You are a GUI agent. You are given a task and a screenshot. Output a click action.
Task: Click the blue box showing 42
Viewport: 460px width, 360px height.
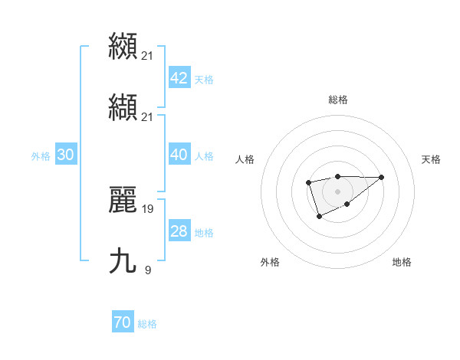(x=179, y=78)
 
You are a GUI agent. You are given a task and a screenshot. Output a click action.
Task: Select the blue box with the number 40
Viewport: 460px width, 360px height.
(x=179, y=155)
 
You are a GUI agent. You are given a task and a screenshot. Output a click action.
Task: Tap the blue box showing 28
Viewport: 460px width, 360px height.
(x=179, y=231)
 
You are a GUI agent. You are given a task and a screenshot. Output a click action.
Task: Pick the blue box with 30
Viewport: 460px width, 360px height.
(x=65, y=155)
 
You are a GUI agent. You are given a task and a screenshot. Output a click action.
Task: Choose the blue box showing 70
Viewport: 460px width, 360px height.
(x=122, y=323)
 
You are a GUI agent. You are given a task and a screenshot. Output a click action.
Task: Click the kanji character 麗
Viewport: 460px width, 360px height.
(x=123, y=201)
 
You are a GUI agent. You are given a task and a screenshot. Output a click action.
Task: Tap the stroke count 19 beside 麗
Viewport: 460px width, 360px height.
(x=148, y=208)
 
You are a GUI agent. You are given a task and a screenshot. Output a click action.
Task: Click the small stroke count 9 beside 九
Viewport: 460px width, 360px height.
(x=148, y=269)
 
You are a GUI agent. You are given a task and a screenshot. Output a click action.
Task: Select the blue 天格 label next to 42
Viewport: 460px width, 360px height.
(x=204, y=80)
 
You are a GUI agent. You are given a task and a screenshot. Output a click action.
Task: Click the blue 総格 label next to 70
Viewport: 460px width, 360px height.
(x=147, y=325)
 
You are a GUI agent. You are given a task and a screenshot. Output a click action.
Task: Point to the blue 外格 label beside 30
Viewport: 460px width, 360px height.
(x=41, y=156)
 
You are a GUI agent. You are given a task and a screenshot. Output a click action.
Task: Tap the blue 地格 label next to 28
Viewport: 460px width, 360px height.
(x=204, y=233)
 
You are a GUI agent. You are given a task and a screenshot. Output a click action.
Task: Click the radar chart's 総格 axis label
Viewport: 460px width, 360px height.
(x=337, y=100)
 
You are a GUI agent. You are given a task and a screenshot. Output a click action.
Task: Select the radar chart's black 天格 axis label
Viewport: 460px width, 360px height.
(x=431, y=159)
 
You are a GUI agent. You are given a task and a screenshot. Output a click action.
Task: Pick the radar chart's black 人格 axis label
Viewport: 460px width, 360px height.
(x=245, y=159)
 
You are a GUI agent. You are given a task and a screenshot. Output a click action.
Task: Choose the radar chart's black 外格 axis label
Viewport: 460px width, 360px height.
(x=270, y=262)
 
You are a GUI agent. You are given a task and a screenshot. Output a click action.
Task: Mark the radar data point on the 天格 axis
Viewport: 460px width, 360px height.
(x=381, y=177)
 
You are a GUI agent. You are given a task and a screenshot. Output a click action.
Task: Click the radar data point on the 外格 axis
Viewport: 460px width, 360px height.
(x=319, y=217)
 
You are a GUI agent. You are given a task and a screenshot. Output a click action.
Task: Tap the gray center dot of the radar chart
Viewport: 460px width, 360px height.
(x=337, y=191)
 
